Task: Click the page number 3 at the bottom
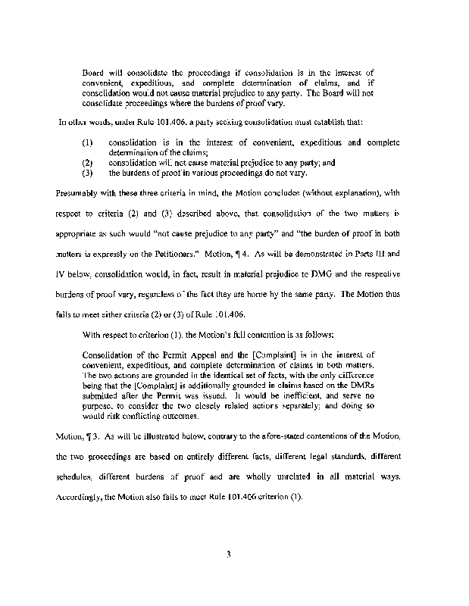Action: point(227,554)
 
